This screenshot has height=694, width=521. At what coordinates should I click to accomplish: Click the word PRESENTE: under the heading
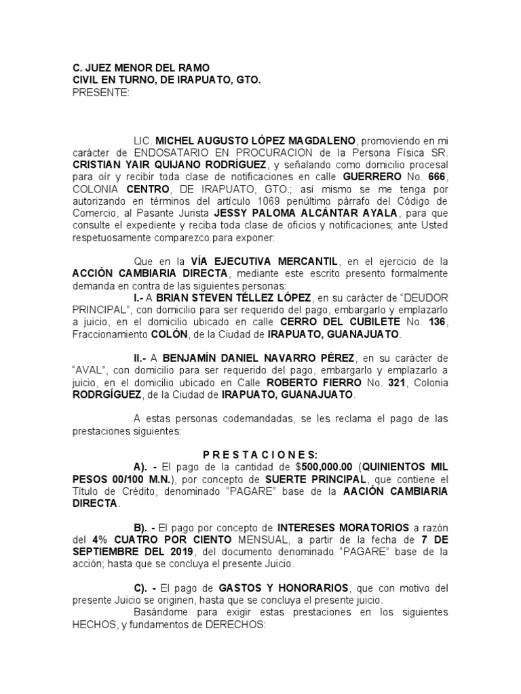pyautogui.click(x=101, y=92)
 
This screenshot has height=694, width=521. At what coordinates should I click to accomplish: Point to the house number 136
pyautogui.click(x=438, y=322)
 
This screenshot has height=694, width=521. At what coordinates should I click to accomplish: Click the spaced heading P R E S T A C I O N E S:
pyautogui.click(x=260, y=455)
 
